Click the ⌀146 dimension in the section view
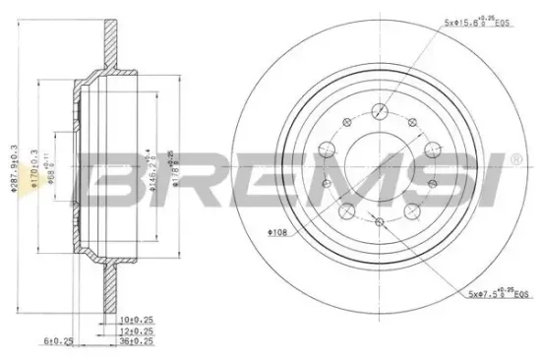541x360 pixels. click(x=150, y=167)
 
